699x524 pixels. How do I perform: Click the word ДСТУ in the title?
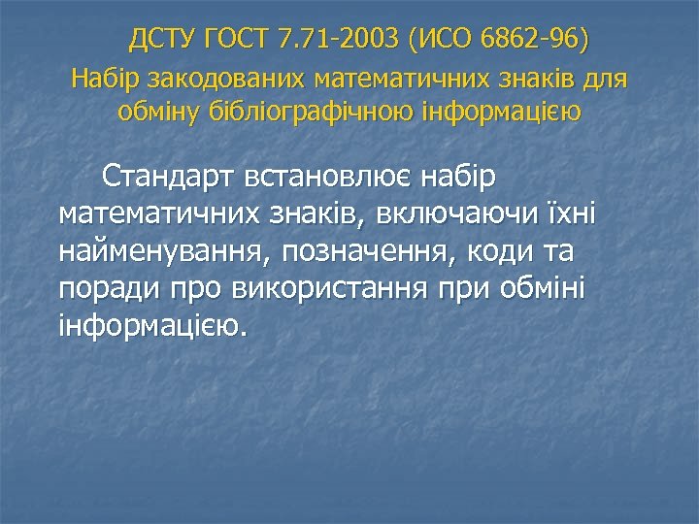166,41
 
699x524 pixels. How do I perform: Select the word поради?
101,288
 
